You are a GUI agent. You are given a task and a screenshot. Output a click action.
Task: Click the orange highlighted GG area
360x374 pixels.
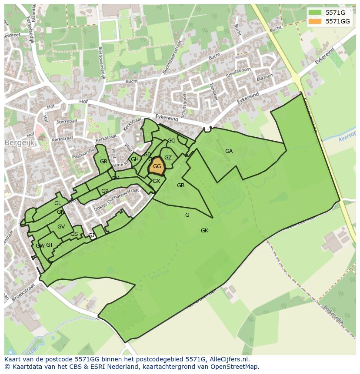click(x=157, y=166)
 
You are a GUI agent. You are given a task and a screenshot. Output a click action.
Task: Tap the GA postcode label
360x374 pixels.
click(x=229, y=151)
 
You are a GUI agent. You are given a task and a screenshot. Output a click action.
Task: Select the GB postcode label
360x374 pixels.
click(x=180, y=185)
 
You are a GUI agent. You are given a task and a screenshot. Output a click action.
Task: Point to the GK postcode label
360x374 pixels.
click(x=204, y=231)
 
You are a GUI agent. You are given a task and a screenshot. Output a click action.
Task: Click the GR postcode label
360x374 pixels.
click(x=103, y=162)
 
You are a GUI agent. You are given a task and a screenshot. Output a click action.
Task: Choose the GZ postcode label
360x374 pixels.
click(x=168, y=158)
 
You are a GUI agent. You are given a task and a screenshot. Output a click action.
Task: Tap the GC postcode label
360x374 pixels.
click(x=171, y=141)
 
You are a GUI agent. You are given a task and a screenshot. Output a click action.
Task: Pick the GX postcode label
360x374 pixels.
click(x=157, y=181)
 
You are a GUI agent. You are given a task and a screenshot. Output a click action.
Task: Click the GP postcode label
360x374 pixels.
click(x=105, y=191)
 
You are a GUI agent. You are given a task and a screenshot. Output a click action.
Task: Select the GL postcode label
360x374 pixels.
click(x=58, y=203)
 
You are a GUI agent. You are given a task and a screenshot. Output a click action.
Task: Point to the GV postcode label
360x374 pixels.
click(x=61, y=227)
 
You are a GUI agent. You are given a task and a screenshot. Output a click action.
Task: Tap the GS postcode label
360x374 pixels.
click(x=74, y=234)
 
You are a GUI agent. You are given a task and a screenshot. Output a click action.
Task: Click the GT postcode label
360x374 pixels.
click(x=50, y=245)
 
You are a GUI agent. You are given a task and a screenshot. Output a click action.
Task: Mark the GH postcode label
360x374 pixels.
click(x=135, y=159)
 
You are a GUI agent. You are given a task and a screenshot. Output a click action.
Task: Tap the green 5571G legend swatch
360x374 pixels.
click(x=315, y=13)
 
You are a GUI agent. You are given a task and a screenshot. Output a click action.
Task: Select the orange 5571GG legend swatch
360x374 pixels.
click(x=315, y=21)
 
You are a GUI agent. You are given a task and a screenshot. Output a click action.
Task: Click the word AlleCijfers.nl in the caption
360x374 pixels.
click(x=228, y=360)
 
